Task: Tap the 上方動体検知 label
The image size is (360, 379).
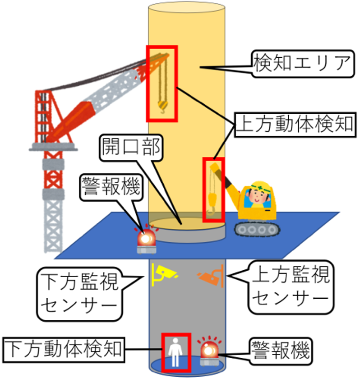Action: tap(294, 125)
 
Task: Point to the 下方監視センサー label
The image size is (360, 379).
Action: tap(79, 293)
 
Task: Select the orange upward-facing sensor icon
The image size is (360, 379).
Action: tap(211, 276)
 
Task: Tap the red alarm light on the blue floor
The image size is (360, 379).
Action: tap(147, 239)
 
